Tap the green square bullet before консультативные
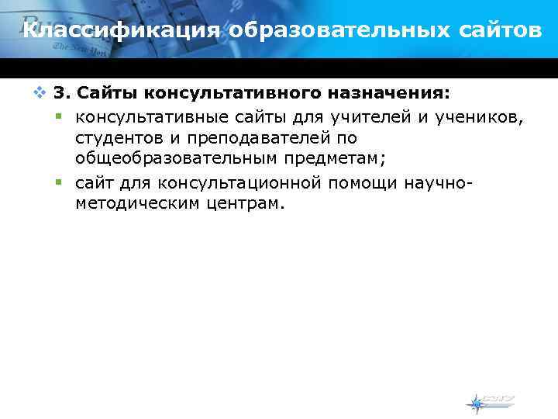coord(58,116)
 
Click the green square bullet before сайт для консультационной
coord(58,182)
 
